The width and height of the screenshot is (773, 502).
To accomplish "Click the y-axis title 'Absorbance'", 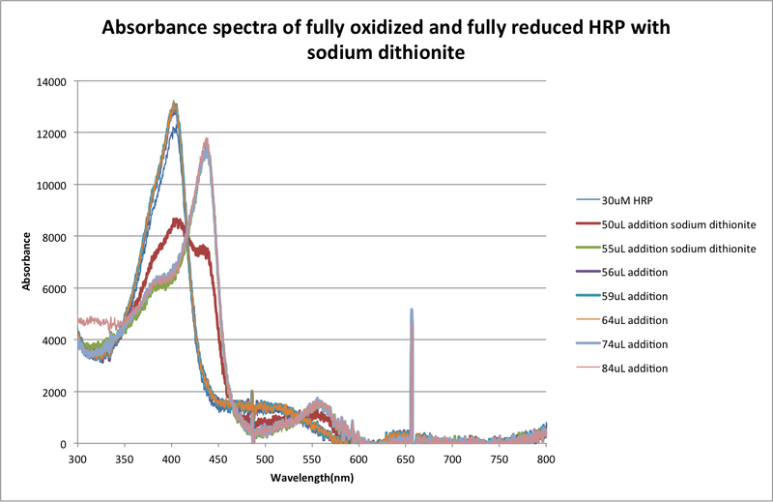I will (x=29, y=262).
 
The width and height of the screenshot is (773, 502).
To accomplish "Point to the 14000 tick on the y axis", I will (x=50, y=81).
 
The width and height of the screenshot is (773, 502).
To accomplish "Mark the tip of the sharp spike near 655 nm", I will (x=412, y=310).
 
